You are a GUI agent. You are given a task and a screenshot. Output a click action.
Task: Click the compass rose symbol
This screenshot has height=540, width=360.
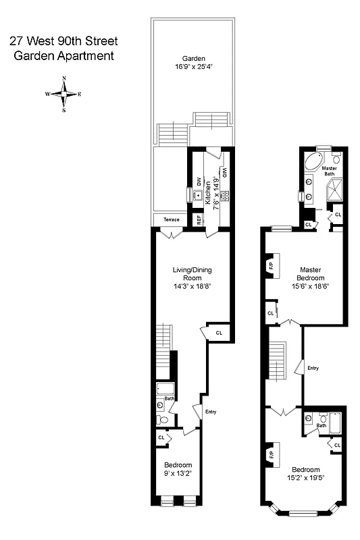[63, 94]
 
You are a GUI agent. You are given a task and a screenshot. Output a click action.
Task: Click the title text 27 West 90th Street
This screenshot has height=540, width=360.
[63, 41]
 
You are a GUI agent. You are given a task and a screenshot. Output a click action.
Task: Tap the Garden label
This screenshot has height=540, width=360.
[193, 58]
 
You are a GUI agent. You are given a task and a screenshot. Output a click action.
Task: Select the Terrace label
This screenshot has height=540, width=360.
[171, 219]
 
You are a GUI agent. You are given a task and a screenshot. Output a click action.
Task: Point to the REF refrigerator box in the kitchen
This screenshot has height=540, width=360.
[199, 219]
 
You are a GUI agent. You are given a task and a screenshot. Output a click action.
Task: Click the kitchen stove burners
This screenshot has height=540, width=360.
[225, 196]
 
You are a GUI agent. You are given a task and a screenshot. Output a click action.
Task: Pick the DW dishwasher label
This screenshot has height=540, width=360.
[199, 182]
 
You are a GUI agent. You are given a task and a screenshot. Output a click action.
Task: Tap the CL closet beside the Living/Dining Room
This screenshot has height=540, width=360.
[219, 333]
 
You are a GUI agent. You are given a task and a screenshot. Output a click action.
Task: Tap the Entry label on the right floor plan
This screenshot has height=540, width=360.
[313, 368]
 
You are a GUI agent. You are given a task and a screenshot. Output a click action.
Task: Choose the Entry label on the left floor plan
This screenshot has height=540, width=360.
[211, 412]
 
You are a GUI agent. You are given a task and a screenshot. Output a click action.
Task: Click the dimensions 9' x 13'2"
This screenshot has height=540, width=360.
[178, 474]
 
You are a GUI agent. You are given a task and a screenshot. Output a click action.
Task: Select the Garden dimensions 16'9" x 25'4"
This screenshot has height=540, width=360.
[193, 67]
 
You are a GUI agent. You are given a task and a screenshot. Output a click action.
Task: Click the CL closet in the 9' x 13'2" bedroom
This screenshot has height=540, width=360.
[161, 437]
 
